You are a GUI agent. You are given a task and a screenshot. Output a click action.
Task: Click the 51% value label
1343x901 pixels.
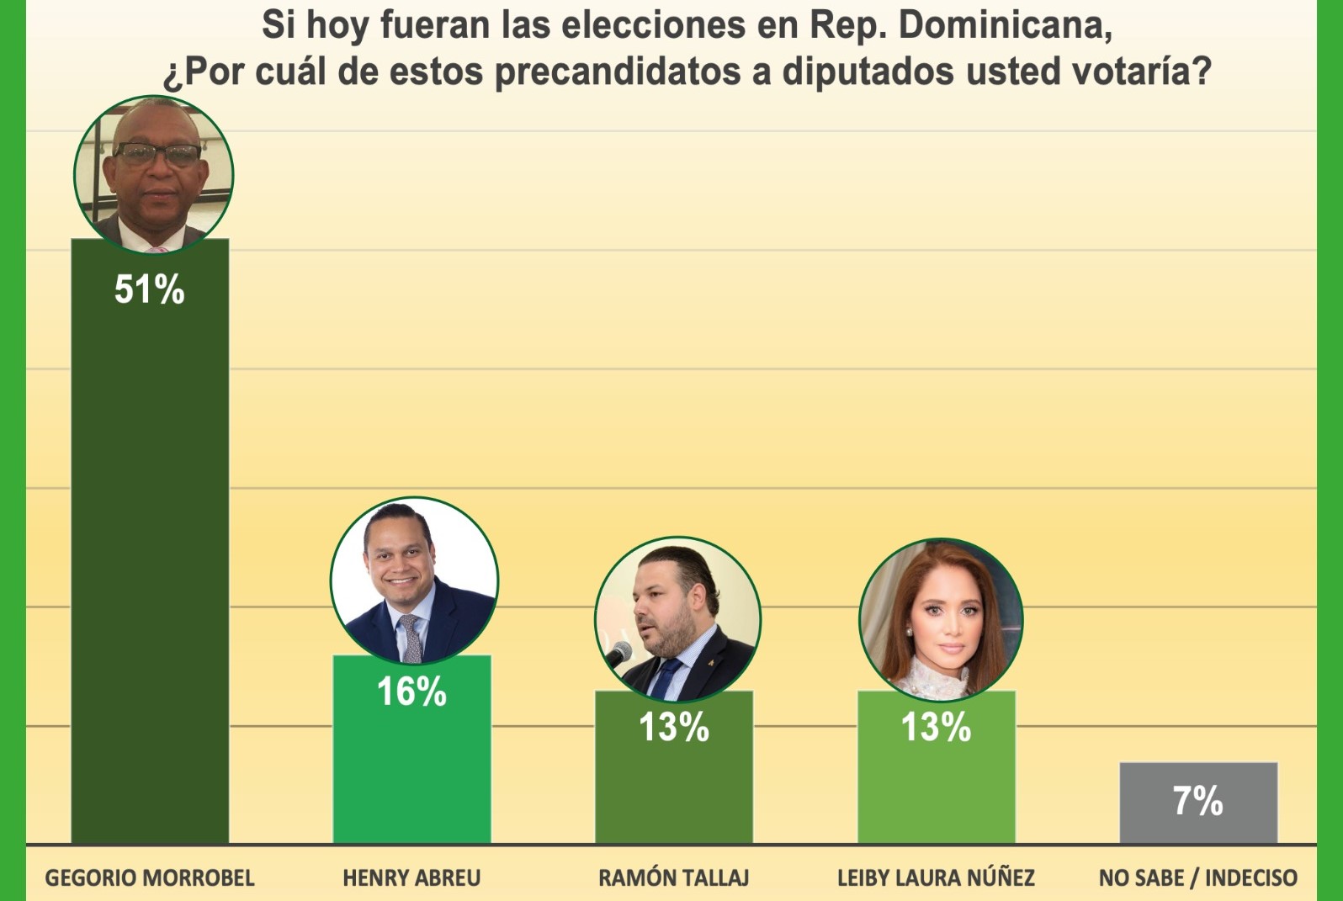tap(149, 289)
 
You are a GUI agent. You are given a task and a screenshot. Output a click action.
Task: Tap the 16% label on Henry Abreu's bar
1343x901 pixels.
tap(411, 692)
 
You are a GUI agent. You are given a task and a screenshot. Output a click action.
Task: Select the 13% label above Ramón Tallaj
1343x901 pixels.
tap(673, 727)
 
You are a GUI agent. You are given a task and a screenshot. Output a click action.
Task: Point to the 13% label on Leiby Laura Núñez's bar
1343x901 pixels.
tap(936, 727)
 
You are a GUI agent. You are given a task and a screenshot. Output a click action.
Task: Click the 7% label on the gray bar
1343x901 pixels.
tap(1197, 800)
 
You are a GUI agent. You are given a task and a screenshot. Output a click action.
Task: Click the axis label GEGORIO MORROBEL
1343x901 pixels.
tap(150, 878)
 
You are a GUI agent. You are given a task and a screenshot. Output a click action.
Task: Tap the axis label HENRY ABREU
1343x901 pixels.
tap(411, 878)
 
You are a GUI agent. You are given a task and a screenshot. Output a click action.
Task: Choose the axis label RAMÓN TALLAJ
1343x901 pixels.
tap(673, 878)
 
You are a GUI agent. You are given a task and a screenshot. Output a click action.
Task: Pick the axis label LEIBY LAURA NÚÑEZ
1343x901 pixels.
tap(936, 878)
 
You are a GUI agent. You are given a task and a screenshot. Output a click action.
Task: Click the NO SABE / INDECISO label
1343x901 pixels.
tap(1197, 878)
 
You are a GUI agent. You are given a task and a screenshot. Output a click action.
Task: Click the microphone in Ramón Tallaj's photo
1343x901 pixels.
tap(619, 653)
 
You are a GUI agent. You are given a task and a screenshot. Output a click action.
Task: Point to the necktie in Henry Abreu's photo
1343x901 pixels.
tap(411, 636)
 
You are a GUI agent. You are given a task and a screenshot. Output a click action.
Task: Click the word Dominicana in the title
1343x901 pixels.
tap(1005, 25)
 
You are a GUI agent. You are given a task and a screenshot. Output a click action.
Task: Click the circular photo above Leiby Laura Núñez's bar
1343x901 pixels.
tap(940, 620)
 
